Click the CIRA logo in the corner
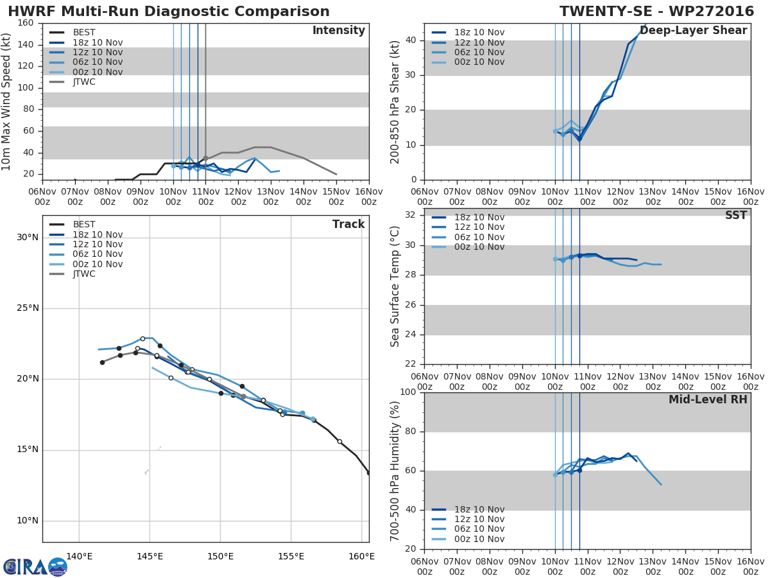tap(35, 566)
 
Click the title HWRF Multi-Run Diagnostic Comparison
tap(169, 11)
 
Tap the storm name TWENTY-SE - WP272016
tap(656, 11)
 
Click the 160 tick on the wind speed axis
tap(26, 23)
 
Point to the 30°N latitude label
tap(28, 238)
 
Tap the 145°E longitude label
tap(150, 556)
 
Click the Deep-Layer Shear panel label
tap(694, 30)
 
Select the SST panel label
tap(736, 215)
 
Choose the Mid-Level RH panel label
tap(708, 399)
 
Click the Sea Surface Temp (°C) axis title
tap(395, 286)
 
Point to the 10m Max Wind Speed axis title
tap(6, 101)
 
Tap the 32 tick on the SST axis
tap(411, 215)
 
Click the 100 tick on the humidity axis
tap(408, 392)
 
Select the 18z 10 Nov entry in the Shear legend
tap(468, 32)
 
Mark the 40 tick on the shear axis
tap(411, 40)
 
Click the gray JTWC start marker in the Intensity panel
tap(206, 159)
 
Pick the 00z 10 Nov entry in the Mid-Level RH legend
tap(468, 539)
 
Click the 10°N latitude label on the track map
tap(28, 520)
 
